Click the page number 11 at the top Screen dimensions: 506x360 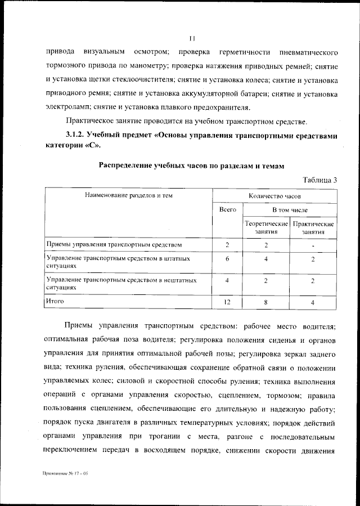click(192, 38)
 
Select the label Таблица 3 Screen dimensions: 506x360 click(319, 180)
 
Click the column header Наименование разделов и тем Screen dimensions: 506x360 click(128, 195)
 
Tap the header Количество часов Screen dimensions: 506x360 click(274, 195)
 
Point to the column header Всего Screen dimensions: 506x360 click(227, 209)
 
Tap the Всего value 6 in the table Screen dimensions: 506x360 click(227, 258)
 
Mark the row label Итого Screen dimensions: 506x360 click(55, 302)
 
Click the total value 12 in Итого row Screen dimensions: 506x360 click(227, 303)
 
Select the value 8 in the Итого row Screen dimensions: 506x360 click(265, 303)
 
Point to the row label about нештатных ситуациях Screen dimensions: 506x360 click(121, 283)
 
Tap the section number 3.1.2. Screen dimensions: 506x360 click(74, 135)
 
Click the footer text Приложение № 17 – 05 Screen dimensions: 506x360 click(65, 474)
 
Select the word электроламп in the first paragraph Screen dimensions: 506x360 click(64, 107)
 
